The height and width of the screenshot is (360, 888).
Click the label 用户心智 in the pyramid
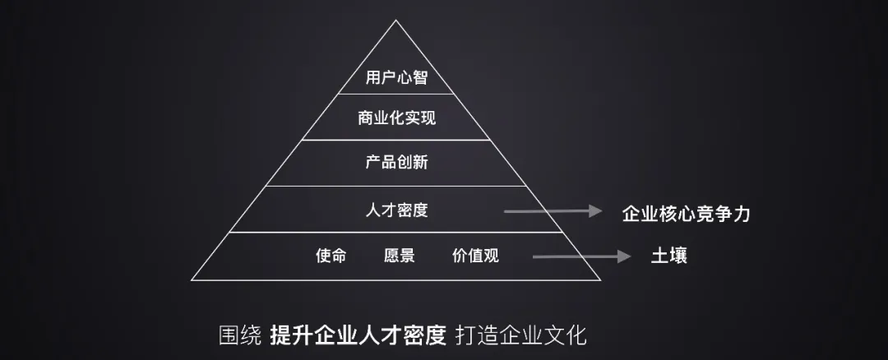tap(396, 78)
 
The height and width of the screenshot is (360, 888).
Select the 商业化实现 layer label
tap(396, 118)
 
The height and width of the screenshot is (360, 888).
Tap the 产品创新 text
tap(396, 162)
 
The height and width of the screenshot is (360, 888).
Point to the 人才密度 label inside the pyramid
tap(396, 210)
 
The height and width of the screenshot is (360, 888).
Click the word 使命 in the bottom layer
tap(331, 256)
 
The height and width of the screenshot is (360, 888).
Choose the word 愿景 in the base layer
tap(399, 256)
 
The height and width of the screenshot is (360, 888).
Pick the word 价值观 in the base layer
tap(475, 256)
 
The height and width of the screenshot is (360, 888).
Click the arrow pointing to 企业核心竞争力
tap(553, 212)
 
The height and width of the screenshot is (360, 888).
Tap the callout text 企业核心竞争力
tap(686, 214)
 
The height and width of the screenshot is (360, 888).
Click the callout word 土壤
tap(668, 256)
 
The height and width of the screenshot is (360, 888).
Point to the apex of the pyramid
tap(396, 21)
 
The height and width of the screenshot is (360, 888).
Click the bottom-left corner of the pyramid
tap(192, 279)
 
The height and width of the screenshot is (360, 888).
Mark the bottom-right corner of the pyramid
tap(602, 279)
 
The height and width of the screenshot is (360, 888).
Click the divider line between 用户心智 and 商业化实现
tap(396, 95)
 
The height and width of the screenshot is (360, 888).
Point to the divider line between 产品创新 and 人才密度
tap(396, 186)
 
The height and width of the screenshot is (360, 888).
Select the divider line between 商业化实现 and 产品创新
tap(396, 140)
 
